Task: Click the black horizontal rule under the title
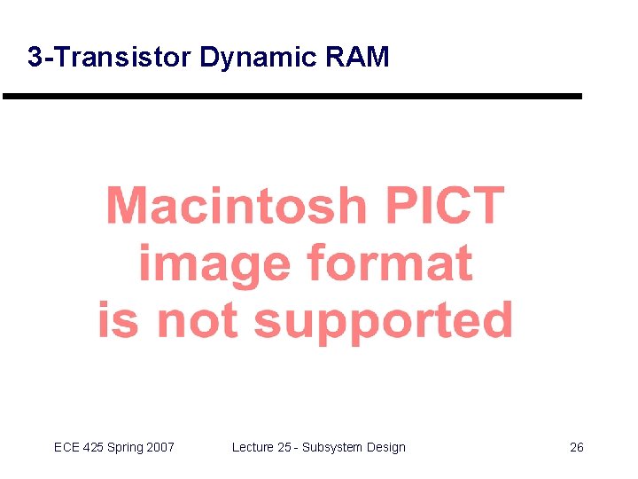(292, 96)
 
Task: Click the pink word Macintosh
(236, 206)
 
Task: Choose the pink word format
(389, 264)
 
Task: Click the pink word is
(118, 319)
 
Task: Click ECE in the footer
(66, 447)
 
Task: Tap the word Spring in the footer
(126, 448)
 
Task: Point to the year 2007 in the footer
(160, 447)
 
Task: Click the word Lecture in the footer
(253, 447)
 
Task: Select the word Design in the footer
(386, 448)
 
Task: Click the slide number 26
(576, 447)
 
